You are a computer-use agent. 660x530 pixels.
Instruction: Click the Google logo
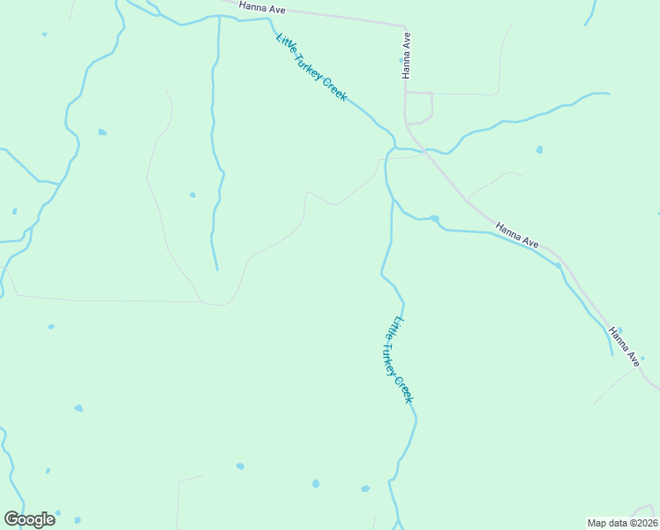pyautogui.click(x=29, y=519)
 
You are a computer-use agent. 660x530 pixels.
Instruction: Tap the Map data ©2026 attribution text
pyautogui.click(x=622, y=522)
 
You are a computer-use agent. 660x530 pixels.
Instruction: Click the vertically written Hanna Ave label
pyautogui.click(x=407, y=56)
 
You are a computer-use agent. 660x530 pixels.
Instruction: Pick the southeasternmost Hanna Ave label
pyautogui.click(x=624, y=346)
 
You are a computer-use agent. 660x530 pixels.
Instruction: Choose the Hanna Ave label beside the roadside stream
pyautogui.click(x=517, y=234)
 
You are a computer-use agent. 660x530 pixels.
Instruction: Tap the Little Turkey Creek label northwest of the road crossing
pyautogui.click(x=311, y=67)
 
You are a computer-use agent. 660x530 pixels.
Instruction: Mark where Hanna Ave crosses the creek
pyautogui.click(x=425, y=152)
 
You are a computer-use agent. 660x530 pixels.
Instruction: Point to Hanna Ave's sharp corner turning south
pyautogui.click(x=405, y=27)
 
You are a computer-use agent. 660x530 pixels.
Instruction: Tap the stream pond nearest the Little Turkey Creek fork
pyautogui.click(x=434, y=218)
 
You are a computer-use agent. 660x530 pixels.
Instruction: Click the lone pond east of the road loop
pyautogui.click(x=539, y=149)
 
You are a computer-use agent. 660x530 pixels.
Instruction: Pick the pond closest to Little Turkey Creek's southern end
pyautogui.click(x=365, y=488)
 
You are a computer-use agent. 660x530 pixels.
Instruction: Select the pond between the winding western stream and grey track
pyautogui.click(x=102, y=132)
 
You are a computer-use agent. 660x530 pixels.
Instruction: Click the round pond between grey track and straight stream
pyautogui.click(x=192, y=194)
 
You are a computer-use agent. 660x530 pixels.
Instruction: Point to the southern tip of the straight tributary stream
pyautogui.click(x=216, y=269)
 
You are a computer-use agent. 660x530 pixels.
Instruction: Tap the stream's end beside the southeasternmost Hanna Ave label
pyautogui.click(x=612, y=354)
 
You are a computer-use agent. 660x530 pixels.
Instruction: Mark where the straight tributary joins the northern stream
pyautogui.click(x=218, y=17)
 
